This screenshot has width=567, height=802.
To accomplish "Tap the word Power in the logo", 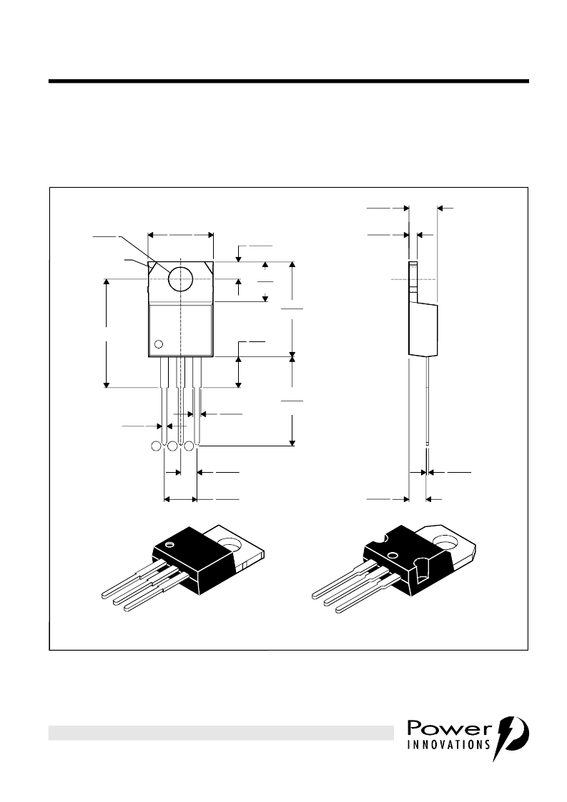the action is tap(449, 728).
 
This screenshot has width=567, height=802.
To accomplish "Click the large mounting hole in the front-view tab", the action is tap(181, 279).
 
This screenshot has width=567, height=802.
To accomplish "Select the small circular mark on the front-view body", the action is tap(159, 344).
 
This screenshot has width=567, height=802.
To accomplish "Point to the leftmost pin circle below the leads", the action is tap(156, 446).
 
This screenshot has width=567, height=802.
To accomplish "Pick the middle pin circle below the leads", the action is tap(172, 446).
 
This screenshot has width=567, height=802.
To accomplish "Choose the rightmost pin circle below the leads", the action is tap(189, 446).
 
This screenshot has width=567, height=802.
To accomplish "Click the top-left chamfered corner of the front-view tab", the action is tap(151, 266).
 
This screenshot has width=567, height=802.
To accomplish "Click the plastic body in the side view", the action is tap(423, 329).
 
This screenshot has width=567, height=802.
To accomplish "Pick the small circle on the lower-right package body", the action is tap(393, 554).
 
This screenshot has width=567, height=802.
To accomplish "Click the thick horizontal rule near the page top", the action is tap(288, 81).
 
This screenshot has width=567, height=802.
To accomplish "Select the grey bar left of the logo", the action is tap(221, 733).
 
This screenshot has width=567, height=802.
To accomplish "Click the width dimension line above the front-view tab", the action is tap(180, 235).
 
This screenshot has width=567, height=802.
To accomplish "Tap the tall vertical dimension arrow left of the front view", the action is tap(107, 333).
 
